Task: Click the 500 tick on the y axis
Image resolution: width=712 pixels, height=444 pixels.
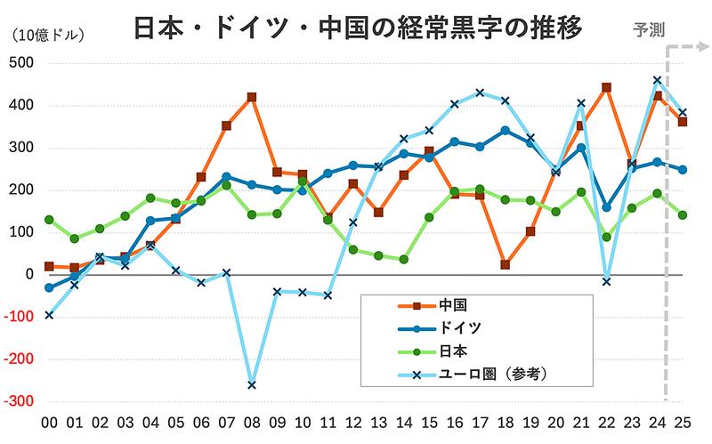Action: [x=20, y=63]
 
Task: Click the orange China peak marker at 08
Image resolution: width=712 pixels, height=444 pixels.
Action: [x=252, y=97]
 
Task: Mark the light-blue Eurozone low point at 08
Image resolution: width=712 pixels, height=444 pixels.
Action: [x=252, y=384]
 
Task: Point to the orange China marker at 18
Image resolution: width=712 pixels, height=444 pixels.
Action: [x=505, y=264]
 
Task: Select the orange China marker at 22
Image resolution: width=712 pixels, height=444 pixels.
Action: [x=606, y=87]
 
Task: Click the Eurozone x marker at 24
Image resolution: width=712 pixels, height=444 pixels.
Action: [x=657, y=80]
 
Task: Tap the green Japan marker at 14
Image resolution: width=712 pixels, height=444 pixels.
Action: [x=404, y=259]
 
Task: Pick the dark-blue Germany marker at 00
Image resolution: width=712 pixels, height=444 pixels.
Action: [x=49, y=287]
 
